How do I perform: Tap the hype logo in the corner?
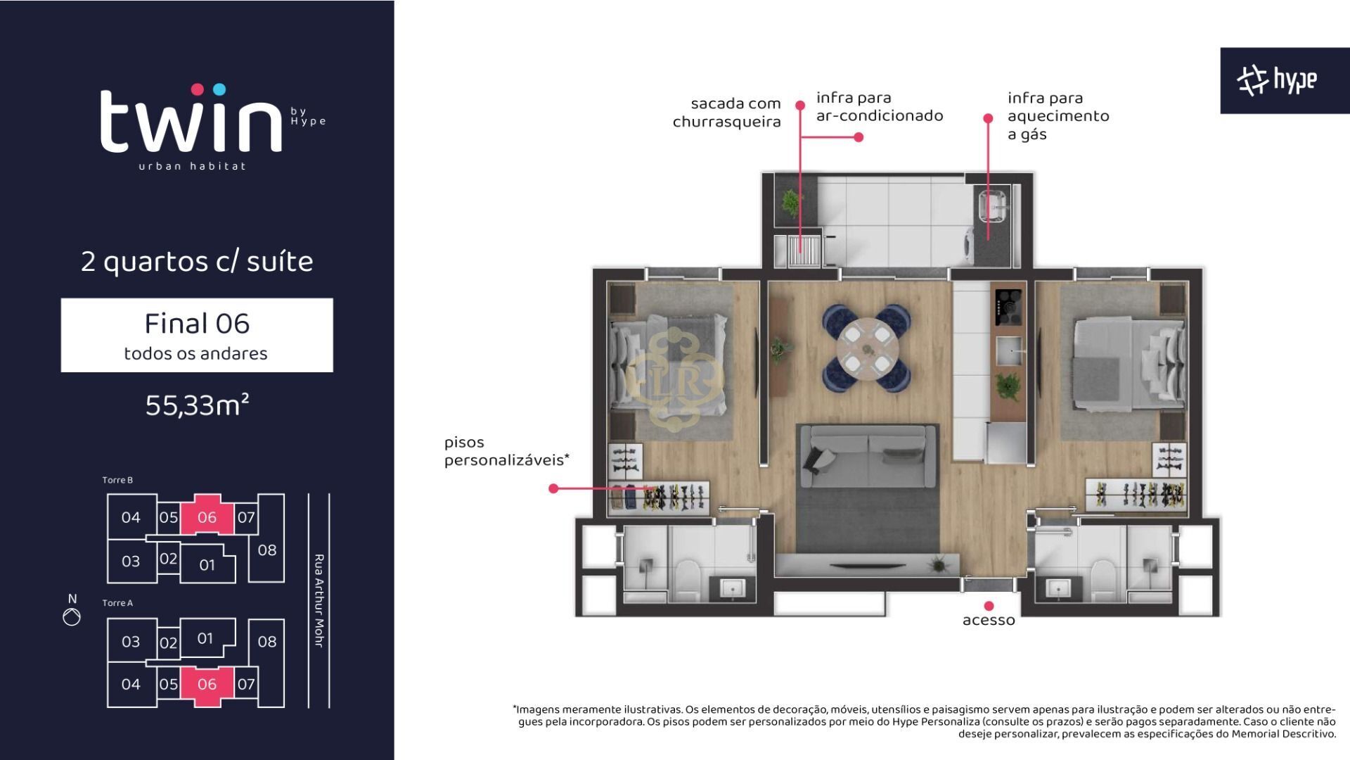[1277, 80]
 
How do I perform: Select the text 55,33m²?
[197, 405]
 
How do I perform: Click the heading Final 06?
[197, 324]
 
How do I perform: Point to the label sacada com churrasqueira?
[727, 113]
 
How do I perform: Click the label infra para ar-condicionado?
[880, 107]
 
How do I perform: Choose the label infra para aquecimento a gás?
[1058, 116]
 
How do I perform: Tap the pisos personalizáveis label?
[506, 451]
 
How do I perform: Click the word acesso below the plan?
[989, 621]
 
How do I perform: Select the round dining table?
[867, 348]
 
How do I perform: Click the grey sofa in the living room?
[868, 456]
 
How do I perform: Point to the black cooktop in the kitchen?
[1008, 308]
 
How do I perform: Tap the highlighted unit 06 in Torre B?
[207, 517]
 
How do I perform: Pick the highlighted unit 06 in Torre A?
[207, 684]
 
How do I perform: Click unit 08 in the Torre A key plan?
[267, 641]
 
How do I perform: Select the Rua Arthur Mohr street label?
[319, 601]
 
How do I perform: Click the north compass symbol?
[72, 617]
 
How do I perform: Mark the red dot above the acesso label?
[989, 606]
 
